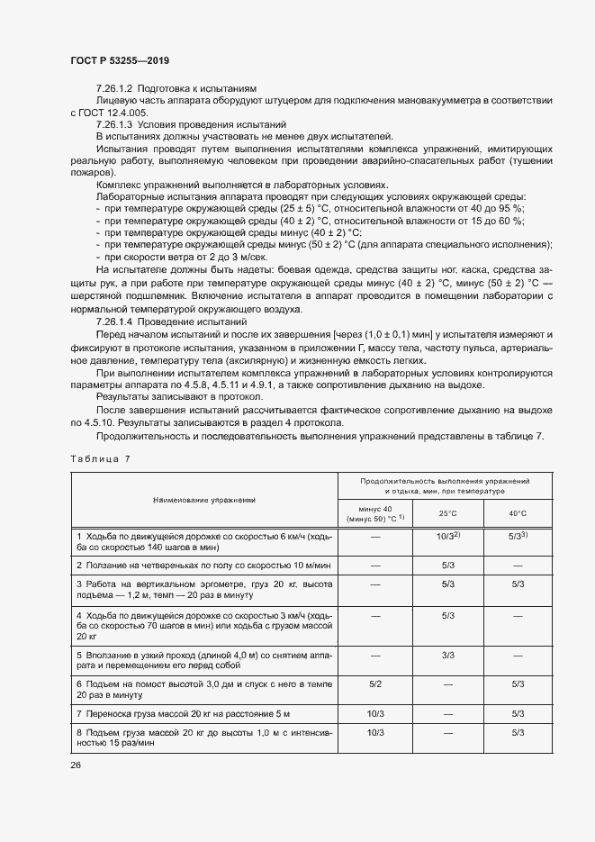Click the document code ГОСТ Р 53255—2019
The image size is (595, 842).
pyautogui.click(x=120, y=60)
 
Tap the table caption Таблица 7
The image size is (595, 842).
pyautogui.click(x=100, y=458)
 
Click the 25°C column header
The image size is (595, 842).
pyautogui.click(x=447, y=513)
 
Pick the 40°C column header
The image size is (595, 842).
pyautogui.click(x=518, y=513)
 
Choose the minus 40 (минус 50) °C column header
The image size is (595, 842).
pyautogui.click(x=375, y=514)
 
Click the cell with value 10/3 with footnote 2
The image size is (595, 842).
pyautogui.click(x=447, y=536)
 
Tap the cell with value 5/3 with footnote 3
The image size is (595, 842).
pyautogui.click(x=518, y=536)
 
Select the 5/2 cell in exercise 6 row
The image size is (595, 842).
pyautogui.click(x=375, y=685)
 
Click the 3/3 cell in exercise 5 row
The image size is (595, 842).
pyautogui.click(x=447, y=656)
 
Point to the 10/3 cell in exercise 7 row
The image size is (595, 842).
pyautogui.click(x=375, y=714)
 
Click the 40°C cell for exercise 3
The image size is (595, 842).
pyautogui.click(x=518, y=584)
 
